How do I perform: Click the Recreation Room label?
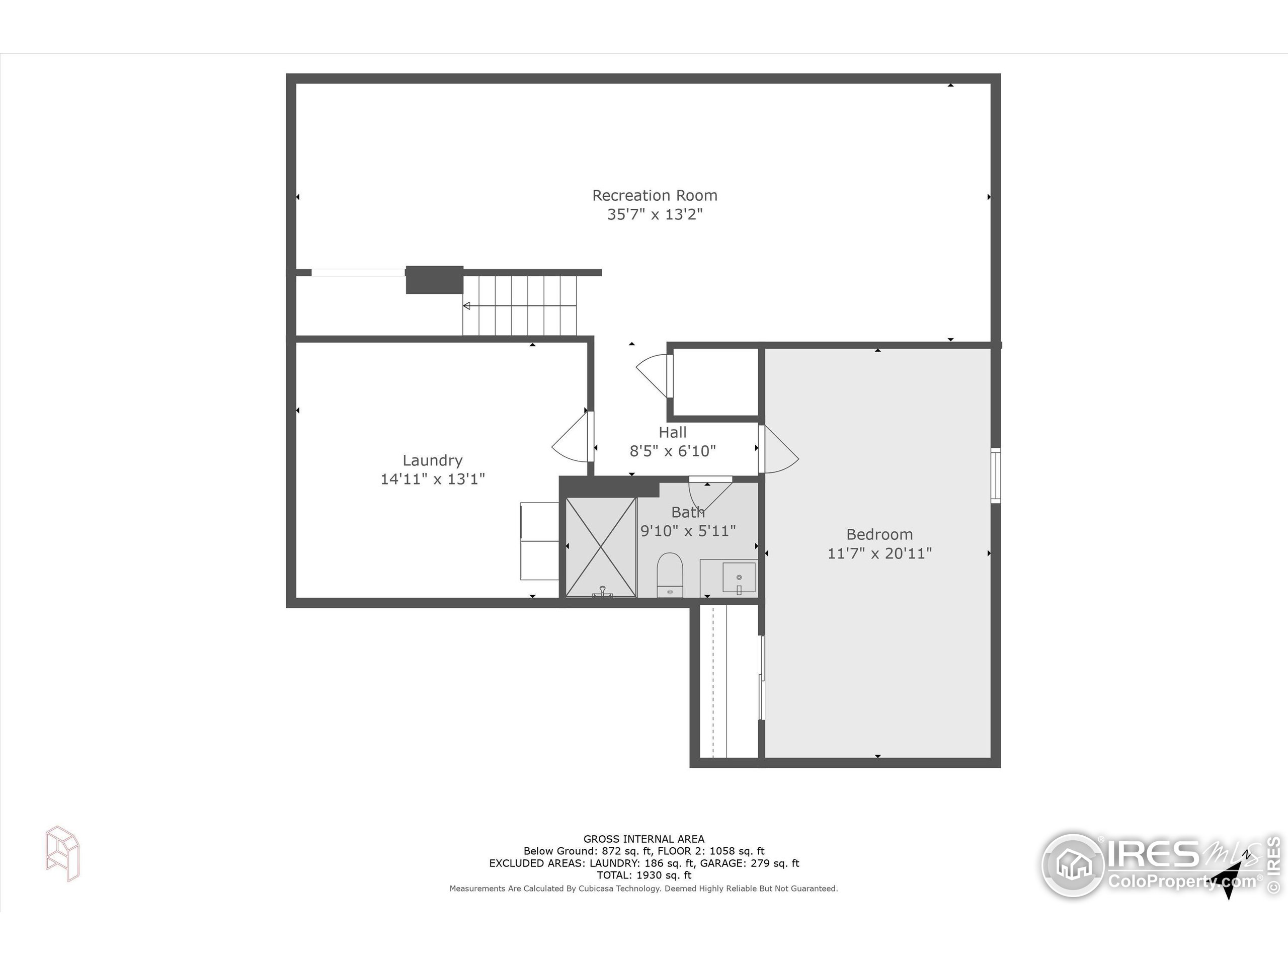click(x=655, y=196)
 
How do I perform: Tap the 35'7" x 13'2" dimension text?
click(x=655, y=215)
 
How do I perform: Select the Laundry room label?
click(x=433, y=460)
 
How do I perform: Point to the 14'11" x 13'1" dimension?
click(x=433, y=479)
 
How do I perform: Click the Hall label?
click(x=673, y=433)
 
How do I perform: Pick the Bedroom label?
click(x=879, y=534)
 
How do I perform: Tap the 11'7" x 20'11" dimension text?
click(x=879, y=553)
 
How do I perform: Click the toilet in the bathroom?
click(x=670, y=574)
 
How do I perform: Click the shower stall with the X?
click(x=601, y=547)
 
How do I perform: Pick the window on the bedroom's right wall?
click(x=996, y=475)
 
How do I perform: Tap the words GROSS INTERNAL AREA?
click(x=643, y=839)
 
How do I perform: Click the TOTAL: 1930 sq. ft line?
click(x=643, y=875)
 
